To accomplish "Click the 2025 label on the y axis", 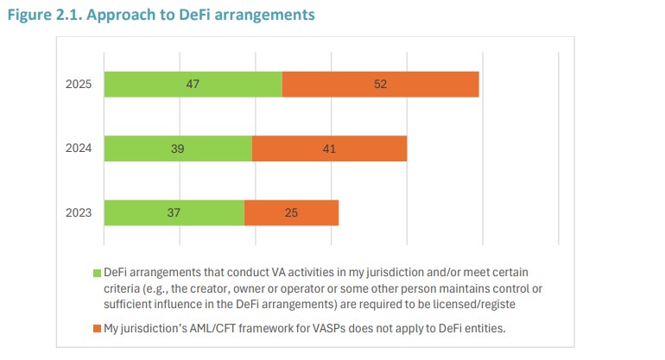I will pos(78,85).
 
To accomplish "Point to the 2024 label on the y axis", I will pos(78,148).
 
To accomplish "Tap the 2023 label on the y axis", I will pos(78,212).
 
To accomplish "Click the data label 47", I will pos(193,85).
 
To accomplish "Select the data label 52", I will pos(380,85).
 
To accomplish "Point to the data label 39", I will pos(178,148).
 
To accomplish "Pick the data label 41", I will pos(329,148).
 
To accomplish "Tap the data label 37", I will pos(174,212).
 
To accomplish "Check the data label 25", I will pos(291,212).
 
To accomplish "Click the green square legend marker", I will pos(98,274).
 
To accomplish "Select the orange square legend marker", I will pos(98,328).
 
